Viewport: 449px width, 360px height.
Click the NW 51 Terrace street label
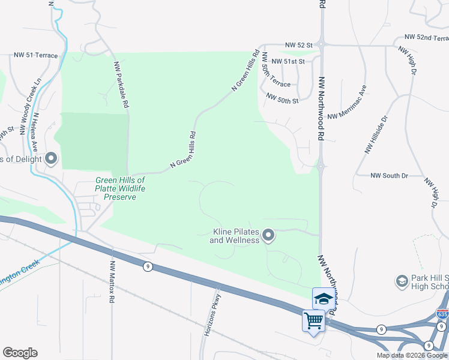pos(36,56)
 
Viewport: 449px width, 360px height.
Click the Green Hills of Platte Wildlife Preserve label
pos(121,188)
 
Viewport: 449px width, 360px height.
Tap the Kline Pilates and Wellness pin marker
pos(269,235)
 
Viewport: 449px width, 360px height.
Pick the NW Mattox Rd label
pos(112,280)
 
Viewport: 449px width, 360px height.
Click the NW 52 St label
pos(299,45)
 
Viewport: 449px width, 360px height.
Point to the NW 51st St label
pos(288,61)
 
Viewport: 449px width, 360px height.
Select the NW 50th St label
pos(282,99)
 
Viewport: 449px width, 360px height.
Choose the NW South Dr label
pos(389,176)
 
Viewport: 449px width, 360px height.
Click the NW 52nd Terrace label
pos(426,38)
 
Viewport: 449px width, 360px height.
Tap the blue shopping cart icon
pos(313,321)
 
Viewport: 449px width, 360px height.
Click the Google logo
pos(20,353)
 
